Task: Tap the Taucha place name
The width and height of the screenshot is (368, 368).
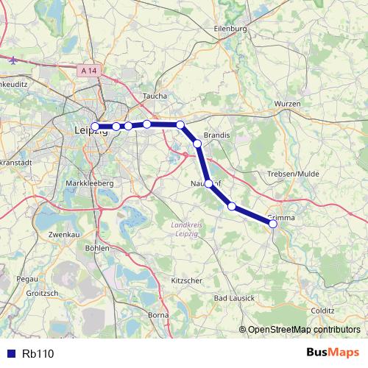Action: pyautogui.click(x=155, y=96)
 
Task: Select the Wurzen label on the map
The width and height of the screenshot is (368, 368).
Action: pyautogui.click(x=287, y=105)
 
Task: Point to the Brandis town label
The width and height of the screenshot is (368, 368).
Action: pyautogui.click(x=217, y=135)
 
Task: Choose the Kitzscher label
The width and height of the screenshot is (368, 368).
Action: pyautogui.click(x=186, y=281)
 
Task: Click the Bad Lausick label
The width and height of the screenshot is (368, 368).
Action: pyautogui.click(x=234, y=298)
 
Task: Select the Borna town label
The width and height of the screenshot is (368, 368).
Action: pyautogui.click(x=159, y=315)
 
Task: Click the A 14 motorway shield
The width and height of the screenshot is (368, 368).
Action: pyautogui.click(x=88, y=70)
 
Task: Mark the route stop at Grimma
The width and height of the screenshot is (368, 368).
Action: pyautogui.click(x=273, y=224)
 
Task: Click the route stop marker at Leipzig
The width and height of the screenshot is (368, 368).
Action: pyautogui.click(x=95, y=127)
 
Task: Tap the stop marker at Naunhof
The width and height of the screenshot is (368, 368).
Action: pyautogui.click(x=209, y=183)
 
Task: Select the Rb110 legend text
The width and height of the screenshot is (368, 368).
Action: pyautogui.click(x=38, y=354)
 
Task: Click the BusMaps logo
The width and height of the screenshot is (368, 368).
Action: pyautogui.click(x=333, y=353)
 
